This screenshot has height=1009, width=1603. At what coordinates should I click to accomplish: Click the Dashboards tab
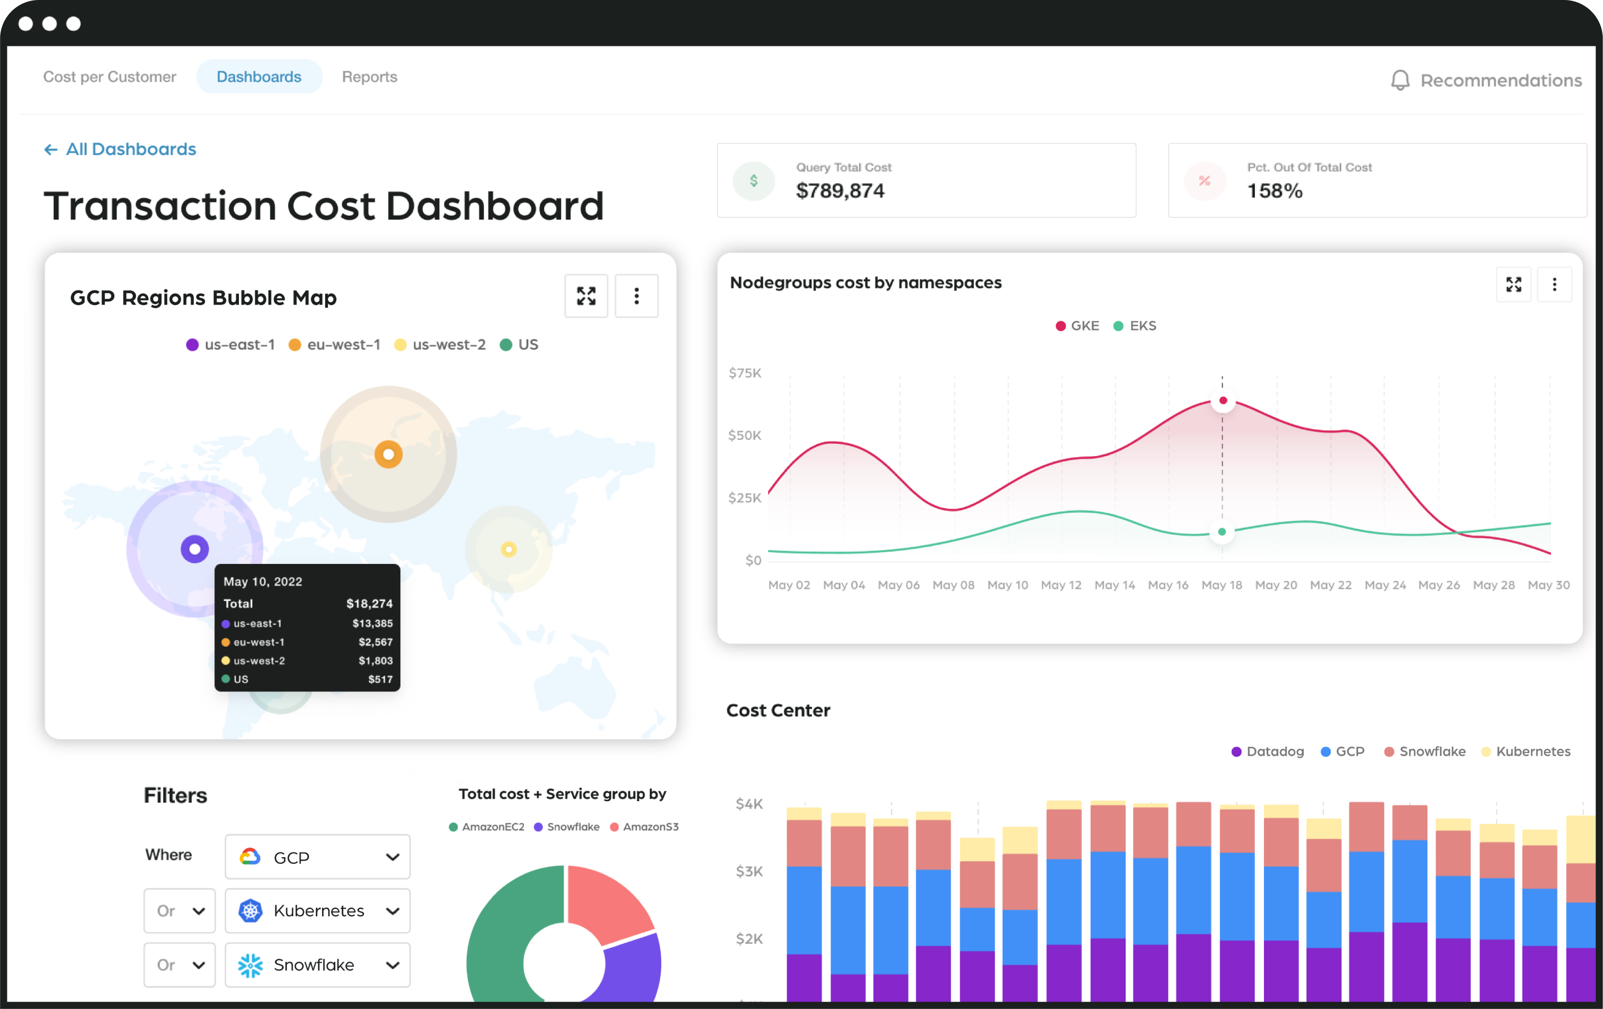pos(259,77)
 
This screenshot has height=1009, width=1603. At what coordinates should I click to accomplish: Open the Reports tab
pos(369,77)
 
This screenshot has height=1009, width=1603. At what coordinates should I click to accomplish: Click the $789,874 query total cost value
pos(840,191)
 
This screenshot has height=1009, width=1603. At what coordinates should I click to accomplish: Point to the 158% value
pos(1274,191)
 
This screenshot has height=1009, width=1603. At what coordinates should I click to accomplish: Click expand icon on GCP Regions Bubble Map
pos(586,296)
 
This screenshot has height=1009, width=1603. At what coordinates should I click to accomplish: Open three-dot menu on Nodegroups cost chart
pos(1554,285)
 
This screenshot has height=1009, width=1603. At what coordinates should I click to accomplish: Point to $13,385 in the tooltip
pos(372,623)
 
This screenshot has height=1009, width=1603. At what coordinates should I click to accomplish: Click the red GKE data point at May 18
pos(1223,400)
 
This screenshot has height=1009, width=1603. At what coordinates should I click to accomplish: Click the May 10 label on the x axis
pos(1007,585)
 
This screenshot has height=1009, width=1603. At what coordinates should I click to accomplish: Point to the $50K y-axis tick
pos(744,436)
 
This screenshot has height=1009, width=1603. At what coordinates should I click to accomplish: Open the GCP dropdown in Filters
pos(317,857)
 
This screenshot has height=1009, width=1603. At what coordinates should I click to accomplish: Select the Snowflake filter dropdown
pos(317,965)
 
